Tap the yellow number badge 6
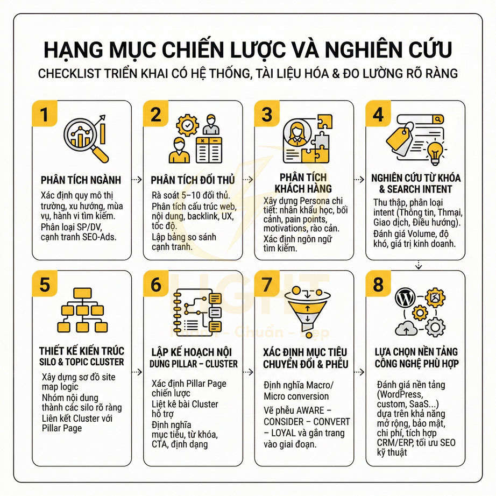click(x=156, y=284)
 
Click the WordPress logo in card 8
click(x=405, y=297)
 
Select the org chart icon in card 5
click(x=81, y=311)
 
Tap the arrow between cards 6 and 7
click(x=249, y=371)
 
